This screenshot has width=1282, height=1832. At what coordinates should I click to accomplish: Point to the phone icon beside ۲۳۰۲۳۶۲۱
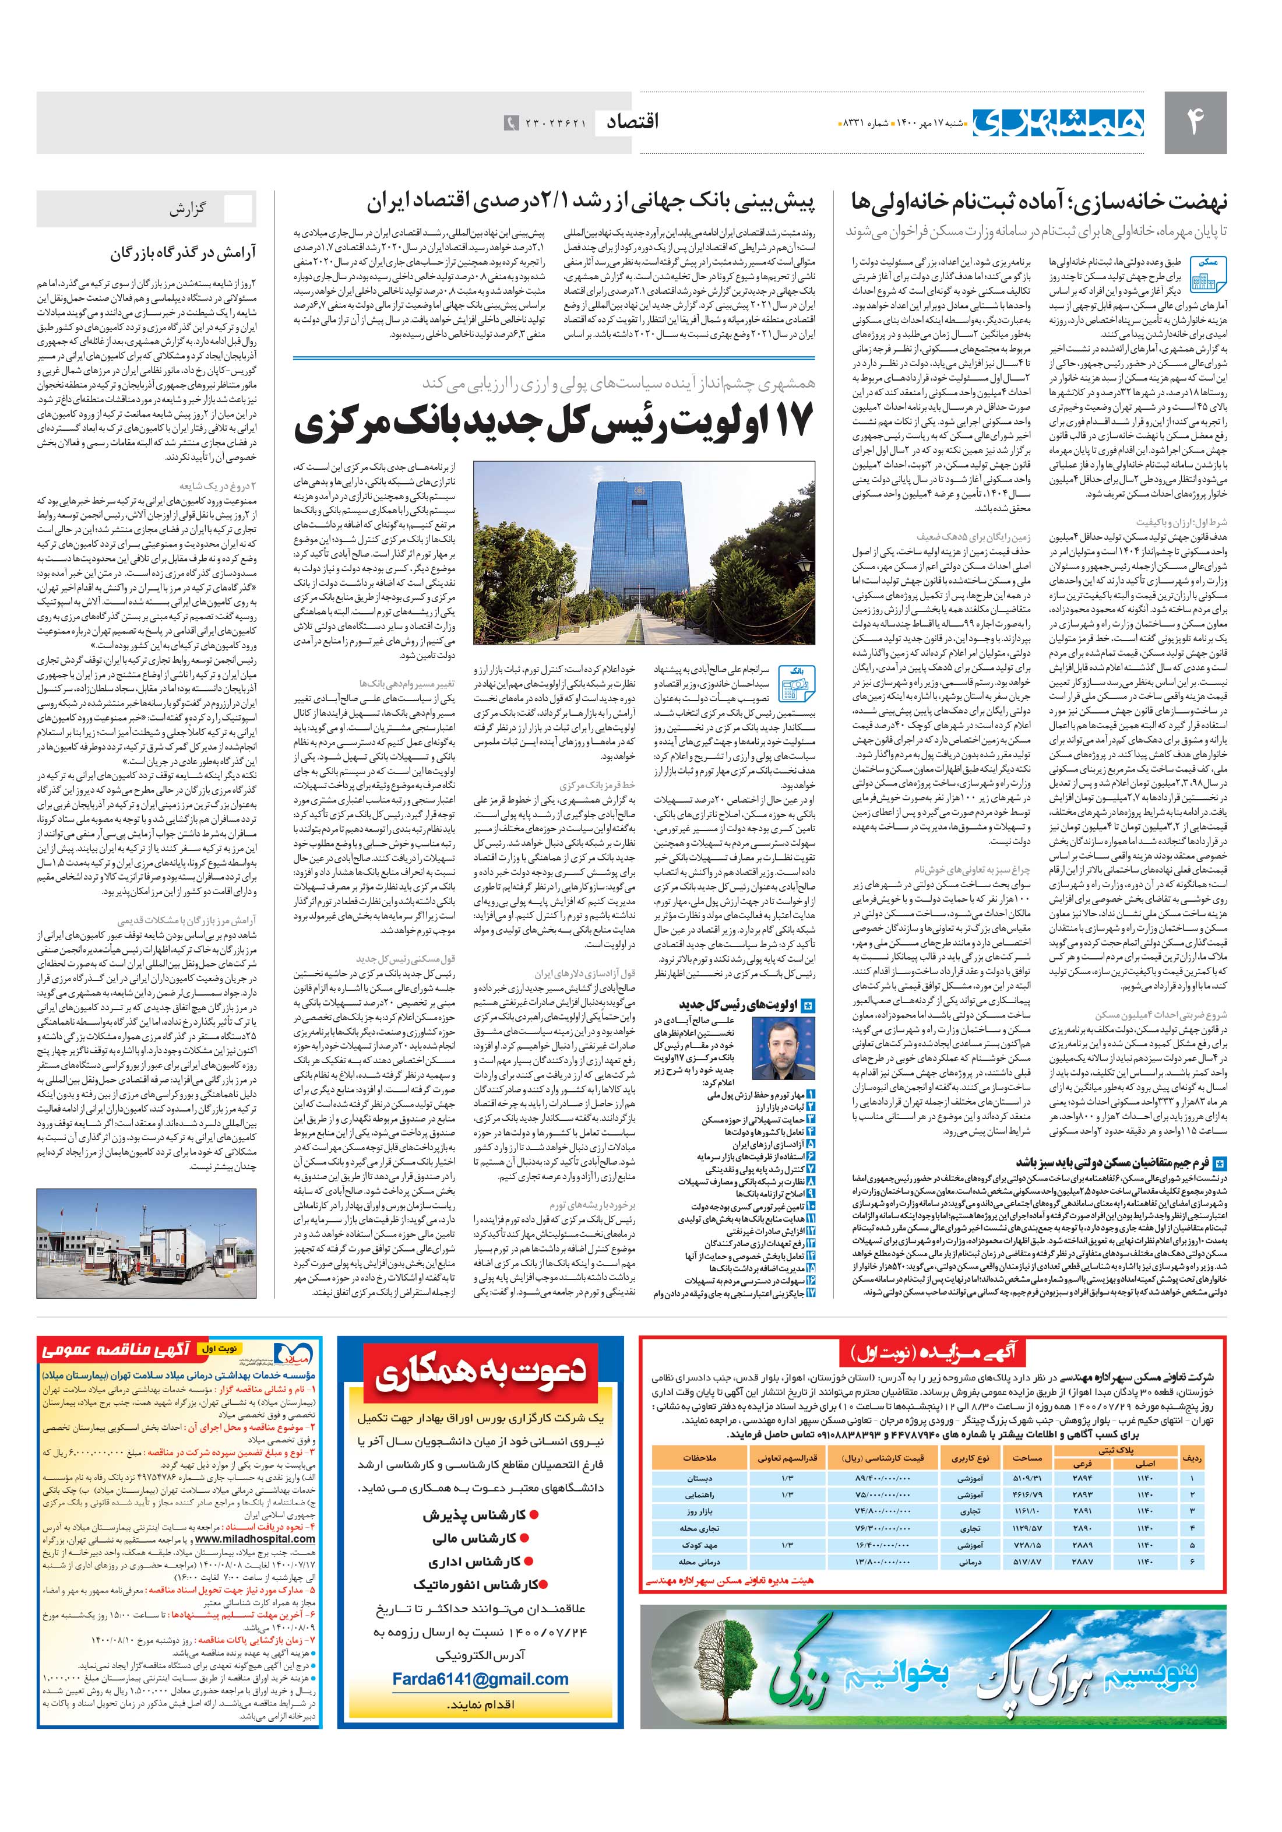[510, 123]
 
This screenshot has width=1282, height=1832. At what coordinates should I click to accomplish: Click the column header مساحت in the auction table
[1027, 1457]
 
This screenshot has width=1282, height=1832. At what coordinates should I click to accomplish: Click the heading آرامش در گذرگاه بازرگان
[183, 255]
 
